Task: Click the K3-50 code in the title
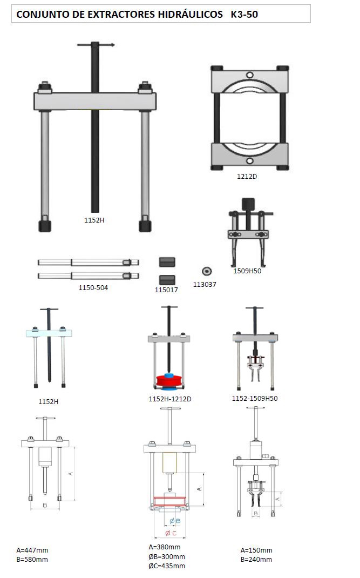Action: click(x=244, y=15)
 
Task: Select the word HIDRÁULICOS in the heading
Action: click(x=191, y=15)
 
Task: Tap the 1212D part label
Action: click(x=247, y=176)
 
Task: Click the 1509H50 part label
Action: click(x=247, y=271)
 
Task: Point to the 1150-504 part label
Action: click(x=93, y=287)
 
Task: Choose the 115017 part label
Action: click(x=166, y=290)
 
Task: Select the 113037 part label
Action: click(x=205, y=284)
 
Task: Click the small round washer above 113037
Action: click(x=207, y=271)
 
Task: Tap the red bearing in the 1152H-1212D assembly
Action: click(x=169, y=380)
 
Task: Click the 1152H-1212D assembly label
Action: click(x=170, y=399)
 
